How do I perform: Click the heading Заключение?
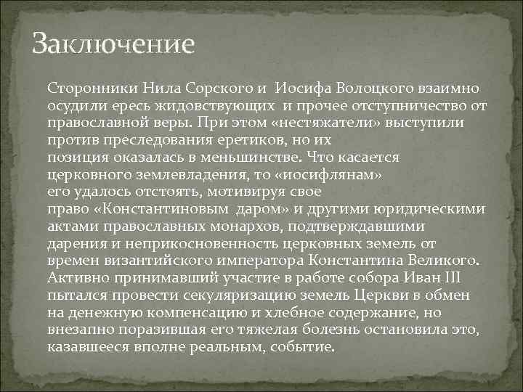tap(114, 44)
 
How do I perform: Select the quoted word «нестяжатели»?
tap(291, 123)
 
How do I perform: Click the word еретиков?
tap(275, 141)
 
